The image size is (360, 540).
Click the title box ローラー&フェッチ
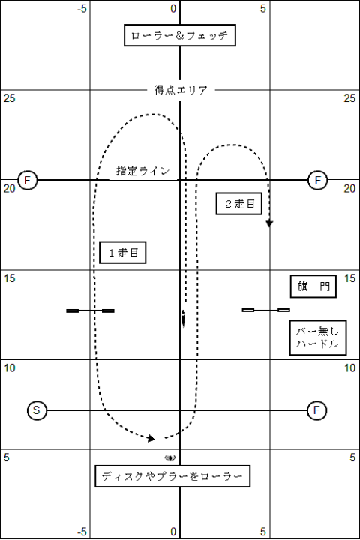click(180, 35)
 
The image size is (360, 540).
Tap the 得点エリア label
click(181, 90)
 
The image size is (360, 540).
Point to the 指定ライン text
click(143, 171)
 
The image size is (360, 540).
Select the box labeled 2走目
click(239, 204)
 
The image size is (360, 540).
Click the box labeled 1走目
click(123, 253)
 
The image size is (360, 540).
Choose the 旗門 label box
click(313, 286)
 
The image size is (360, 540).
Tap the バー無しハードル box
click(318, 337)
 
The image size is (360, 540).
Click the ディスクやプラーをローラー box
click(172, 476)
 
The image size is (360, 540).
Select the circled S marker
click(37, 410)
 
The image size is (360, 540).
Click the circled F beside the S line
click(316, 410)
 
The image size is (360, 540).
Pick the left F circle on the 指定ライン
click(27, 180)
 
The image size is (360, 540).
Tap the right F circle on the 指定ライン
click(318, 180)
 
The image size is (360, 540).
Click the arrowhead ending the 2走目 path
click(269, 223)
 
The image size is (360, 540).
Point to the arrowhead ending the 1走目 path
click(151, 439)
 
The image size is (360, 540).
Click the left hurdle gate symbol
click(90, 310)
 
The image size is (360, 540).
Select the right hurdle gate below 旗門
click(265, 310)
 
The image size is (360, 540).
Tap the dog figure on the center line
click(183, 318)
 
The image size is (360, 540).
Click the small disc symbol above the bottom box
click(169, 458)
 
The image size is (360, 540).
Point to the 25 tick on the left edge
click(9, 98)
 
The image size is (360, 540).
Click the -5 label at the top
click(82, 8)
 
